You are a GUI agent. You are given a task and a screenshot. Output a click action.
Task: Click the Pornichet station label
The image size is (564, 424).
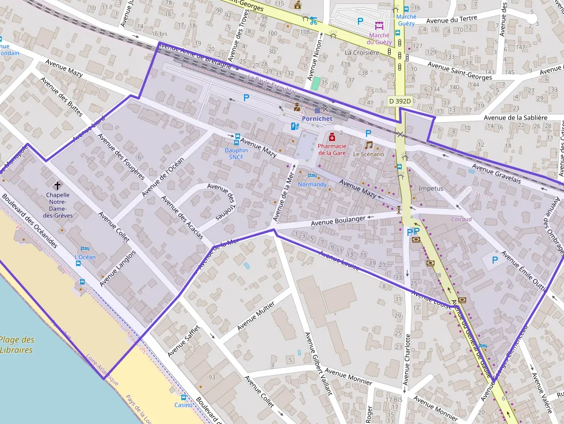[x=317, y=119]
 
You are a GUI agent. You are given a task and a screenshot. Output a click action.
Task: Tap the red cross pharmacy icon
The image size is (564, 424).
[x=332, y=137]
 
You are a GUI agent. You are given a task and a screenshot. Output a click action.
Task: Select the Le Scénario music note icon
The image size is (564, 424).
[x=368, y=146]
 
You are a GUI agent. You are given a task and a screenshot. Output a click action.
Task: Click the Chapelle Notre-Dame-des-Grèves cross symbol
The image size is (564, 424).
[x=58, y=185]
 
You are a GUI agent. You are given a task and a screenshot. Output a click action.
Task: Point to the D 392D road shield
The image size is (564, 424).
[x=400, y=101]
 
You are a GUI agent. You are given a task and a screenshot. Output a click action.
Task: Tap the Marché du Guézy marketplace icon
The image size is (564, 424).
[x=379, y=25]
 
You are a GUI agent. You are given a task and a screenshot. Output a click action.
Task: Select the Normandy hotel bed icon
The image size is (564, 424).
[x=312, y=175]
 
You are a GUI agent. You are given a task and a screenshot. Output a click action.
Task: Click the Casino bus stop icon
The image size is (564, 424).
[x=184, y=397]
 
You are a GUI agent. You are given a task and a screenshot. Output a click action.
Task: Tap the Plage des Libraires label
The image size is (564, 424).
[x=17, y=345]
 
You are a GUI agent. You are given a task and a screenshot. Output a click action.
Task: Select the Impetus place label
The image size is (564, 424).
[x=432, y=188]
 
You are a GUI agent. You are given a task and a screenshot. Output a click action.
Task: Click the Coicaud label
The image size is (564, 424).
[x=462, y=219]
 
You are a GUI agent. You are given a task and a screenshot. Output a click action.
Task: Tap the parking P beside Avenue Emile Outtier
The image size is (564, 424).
[x=494, y=260]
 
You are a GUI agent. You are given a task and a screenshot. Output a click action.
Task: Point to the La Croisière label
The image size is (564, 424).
[x=362, y=52]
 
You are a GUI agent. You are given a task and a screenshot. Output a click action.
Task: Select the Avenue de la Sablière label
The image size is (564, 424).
[x=515, y=118]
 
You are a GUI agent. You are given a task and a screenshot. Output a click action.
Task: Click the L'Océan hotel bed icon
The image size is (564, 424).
[x=85, y=249]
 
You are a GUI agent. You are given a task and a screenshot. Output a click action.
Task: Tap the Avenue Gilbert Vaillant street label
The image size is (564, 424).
[x=318, y=363]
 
